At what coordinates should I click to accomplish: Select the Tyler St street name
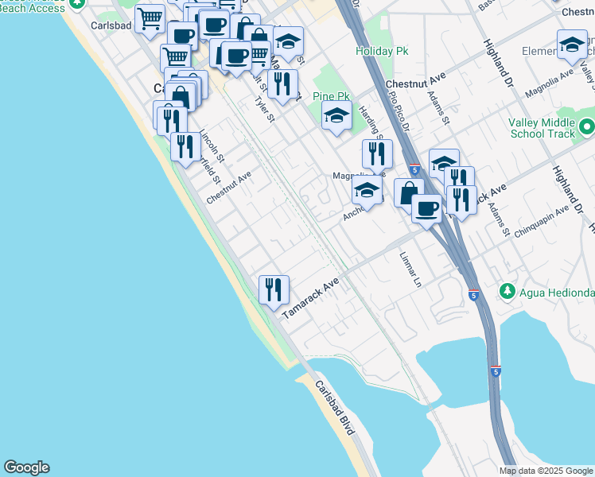click(x=264, y=107)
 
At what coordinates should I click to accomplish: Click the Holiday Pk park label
click(x=375, y=52)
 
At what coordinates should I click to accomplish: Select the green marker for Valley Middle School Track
click(x=586, y=127)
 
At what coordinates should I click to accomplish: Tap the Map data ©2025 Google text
click(x=546, y=471)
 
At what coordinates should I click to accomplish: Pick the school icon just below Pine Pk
click(x=336, y=117)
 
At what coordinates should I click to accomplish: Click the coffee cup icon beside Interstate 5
click(x=426, y=208)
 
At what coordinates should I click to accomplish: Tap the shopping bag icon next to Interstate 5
click(x=408, y=192)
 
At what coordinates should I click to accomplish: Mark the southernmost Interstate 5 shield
click(x=496, y=371)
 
